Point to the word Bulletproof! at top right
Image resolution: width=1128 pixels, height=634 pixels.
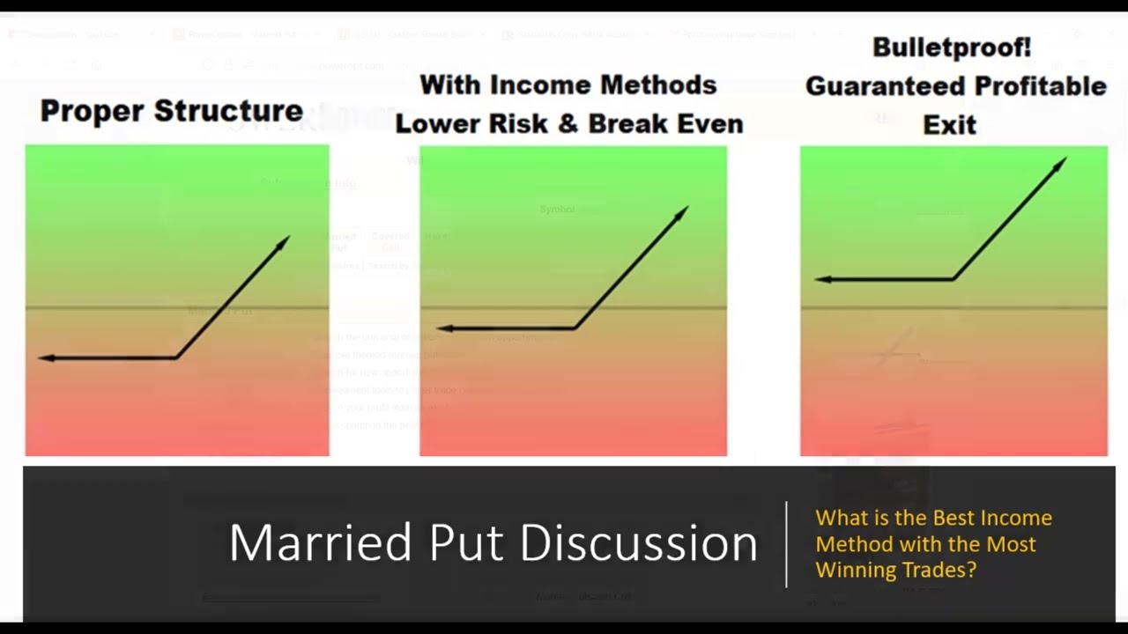coord(951,48)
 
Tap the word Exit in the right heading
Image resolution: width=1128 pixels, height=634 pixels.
coord(949,125)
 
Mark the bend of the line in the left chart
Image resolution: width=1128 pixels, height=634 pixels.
coord(176,358)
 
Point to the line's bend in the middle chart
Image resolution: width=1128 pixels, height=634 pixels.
coord(575,328)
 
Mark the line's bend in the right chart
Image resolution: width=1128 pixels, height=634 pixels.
coord(954,279)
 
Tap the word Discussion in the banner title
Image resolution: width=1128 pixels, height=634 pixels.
coord(638,542)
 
